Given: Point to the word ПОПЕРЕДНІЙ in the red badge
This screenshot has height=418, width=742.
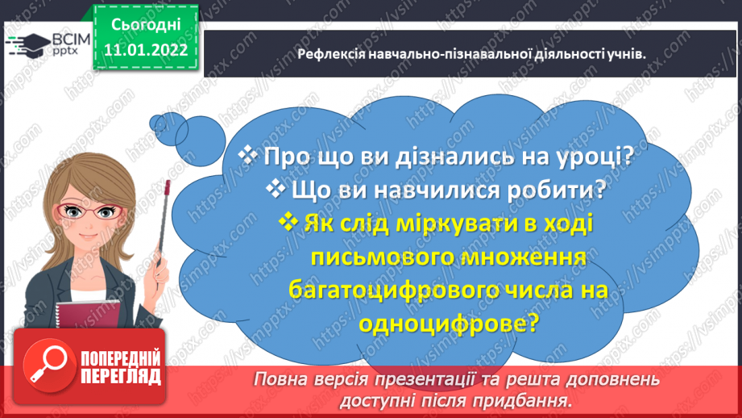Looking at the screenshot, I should (120, 359).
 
